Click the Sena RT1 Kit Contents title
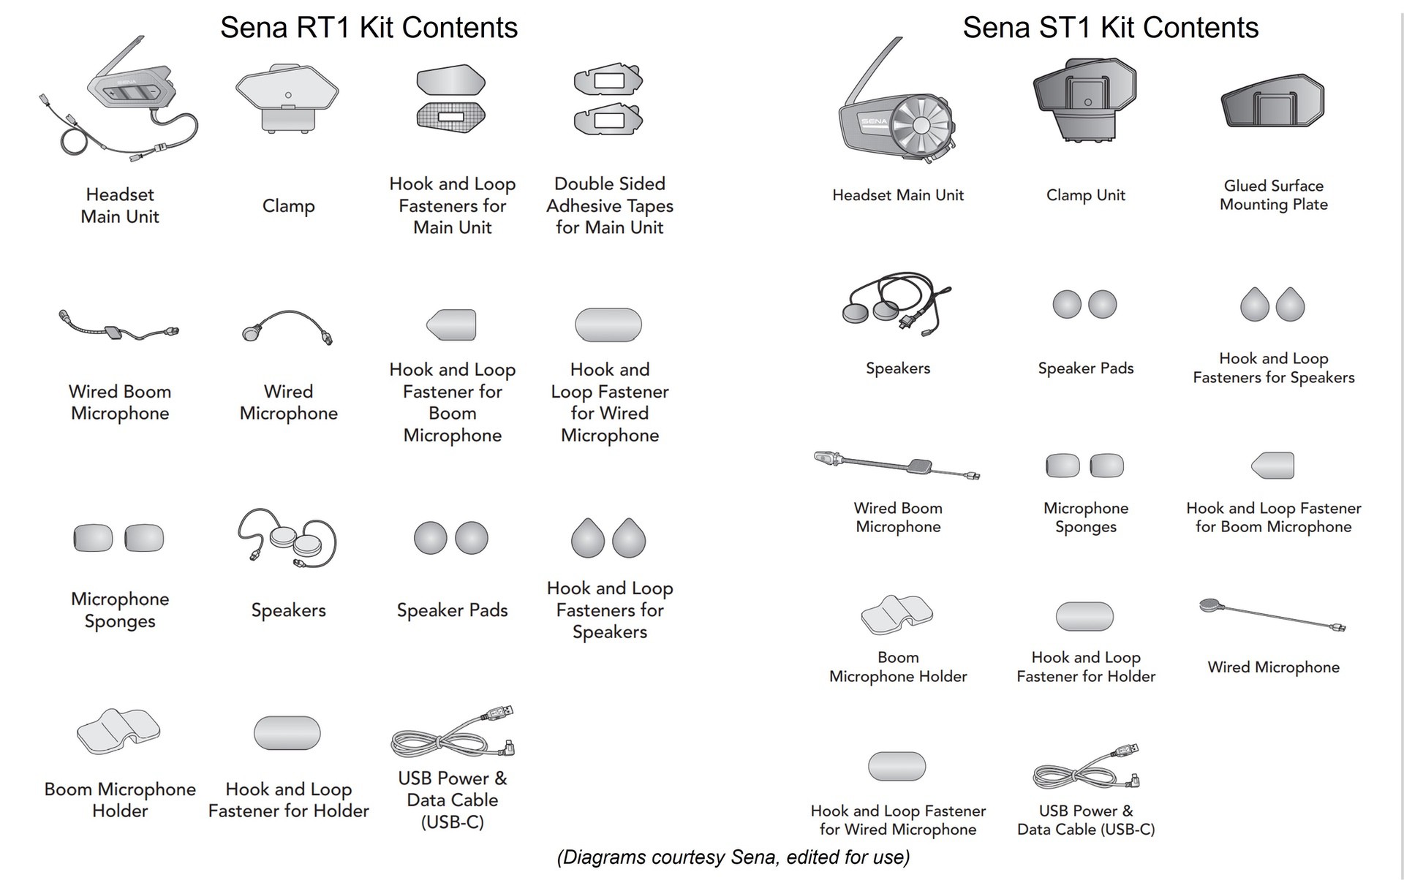(x=369, y=28)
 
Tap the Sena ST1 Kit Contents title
(x=1110, y=28)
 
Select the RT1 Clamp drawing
(x=287, y=99)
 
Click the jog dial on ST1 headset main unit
(x=921, y=125)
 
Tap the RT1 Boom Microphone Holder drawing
(x=118, y=730)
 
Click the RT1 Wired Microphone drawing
(x=288, y=326)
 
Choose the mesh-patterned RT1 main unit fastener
(x=451, y=115)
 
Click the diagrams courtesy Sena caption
(x=733, y=857)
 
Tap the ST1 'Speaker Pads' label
(x=1085, y=368)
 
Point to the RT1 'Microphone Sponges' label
(x=120, y=610)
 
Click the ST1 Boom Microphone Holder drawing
(x=897, y=615)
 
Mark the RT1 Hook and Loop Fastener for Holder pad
(x=287, y=732)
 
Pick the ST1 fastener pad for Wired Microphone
(x=897, y=766)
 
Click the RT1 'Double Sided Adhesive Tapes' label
(x=609, y=205)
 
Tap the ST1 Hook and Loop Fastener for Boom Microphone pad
(x=1273, y=465)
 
